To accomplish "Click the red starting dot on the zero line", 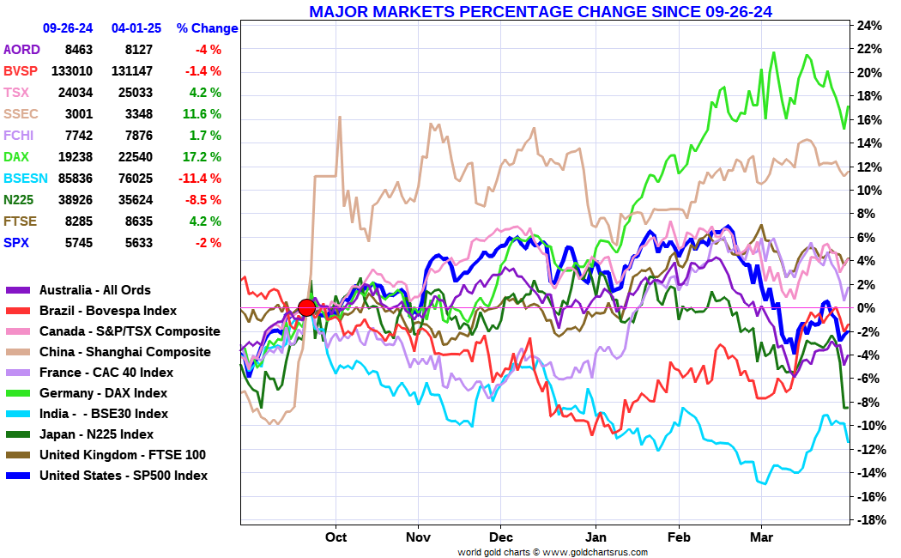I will (306, 308).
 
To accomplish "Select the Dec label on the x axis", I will (501, 537).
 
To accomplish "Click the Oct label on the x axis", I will (336, 537).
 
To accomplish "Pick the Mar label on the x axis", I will (761, 537).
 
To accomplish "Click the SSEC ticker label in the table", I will (21, 114).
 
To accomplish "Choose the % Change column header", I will (207, 27).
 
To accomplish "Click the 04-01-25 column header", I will (136, 27).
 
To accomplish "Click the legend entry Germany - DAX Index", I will (103, 393).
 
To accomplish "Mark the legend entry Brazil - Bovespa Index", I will (108, 311).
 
